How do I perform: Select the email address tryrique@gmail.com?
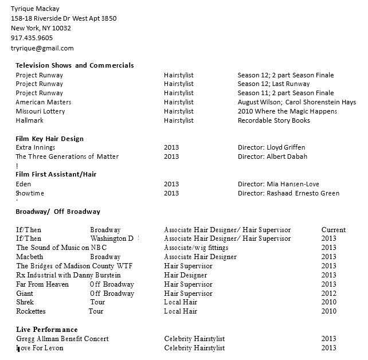pos(42,48)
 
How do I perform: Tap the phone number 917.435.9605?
pos(32,38)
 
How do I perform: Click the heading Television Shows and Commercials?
pos(75,65)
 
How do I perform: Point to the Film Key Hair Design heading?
pos(49,139)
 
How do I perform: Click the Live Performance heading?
pos(47,330)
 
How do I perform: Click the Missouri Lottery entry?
pos(40,111)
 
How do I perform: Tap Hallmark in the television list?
pos(29,120)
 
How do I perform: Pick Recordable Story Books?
pos(273,120)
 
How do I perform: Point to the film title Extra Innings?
pos(36,147)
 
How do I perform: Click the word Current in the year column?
pos(334,230)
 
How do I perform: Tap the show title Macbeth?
pos(30,257)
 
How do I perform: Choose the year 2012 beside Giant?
pos(329,294)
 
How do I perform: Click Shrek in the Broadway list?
pos(25,302)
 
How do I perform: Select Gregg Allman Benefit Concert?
pos(62,339)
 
